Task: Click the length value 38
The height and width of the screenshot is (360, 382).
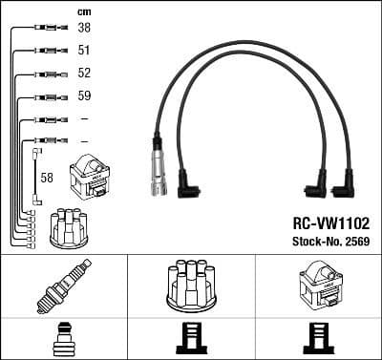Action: click(85, 29)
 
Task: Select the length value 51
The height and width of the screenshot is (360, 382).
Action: click(85, 51)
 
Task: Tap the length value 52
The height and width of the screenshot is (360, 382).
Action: click(85, 74)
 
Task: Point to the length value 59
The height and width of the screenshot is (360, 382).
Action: click(85, 95)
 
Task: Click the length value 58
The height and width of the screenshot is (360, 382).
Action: click(46, 177)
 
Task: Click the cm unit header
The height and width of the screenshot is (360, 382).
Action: click(83, 11)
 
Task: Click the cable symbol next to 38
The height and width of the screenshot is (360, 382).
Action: click(46, 29)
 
